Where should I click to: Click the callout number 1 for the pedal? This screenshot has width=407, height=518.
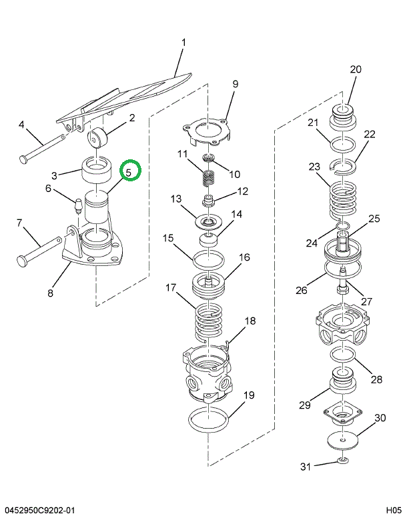coord(183,44)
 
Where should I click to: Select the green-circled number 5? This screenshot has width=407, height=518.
coord(130,171)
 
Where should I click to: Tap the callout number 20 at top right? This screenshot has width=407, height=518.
coord(355,69)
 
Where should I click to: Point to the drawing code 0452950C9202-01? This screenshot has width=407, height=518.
coord(41,510)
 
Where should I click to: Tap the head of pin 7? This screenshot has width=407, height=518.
coord(21,260)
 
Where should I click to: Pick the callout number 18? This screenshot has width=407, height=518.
coord(250,321)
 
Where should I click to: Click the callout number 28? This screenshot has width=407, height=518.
coord(376,379)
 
